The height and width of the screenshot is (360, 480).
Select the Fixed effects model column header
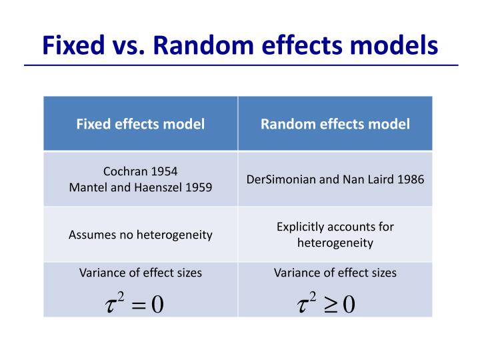(140, 123)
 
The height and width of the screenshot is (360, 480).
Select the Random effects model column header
(335, 123)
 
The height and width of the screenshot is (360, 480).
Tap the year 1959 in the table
(199, 187)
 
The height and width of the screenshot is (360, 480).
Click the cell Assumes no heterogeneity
(140, 235)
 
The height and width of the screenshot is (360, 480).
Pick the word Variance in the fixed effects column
(101, 273)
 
